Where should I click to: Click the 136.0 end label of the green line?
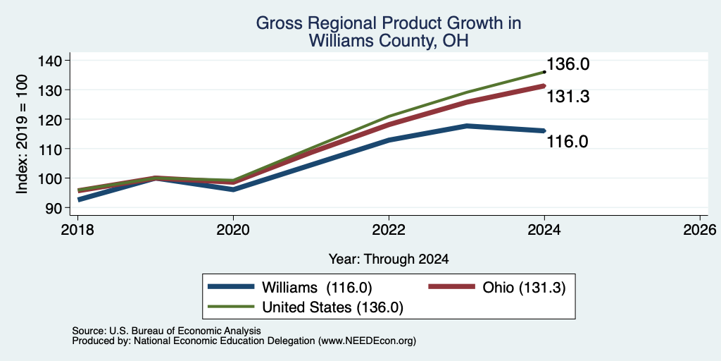(568, 64)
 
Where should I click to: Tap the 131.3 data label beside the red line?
(568, 97)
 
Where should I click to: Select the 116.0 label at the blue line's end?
(568, 141)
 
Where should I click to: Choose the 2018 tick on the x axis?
(77, 229)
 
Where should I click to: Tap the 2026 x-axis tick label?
(700, 229)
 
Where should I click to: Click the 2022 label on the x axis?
(389, 229)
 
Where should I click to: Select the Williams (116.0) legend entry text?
(317, 288)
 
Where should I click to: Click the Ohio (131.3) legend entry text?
(524, 288)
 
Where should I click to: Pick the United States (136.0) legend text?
(332, 307)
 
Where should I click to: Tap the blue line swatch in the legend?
(231, 287)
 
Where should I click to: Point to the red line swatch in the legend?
(451, 287)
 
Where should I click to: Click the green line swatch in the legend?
(231, 306)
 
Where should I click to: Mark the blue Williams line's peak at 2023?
(467, 126)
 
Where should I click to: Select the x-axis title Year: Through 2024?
(389, 259)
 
